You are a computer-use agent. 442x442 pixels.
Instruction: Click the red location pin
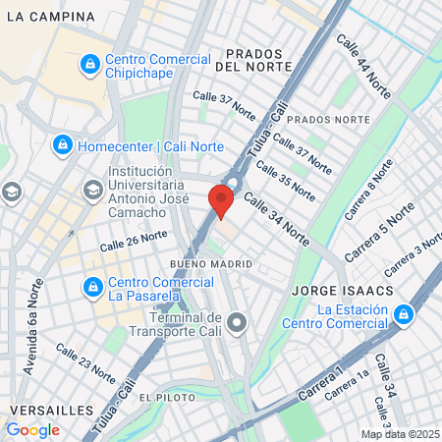click(221, 203)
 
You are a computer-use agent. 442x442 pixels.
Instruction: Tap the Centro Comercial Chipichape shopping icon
click(89, 64)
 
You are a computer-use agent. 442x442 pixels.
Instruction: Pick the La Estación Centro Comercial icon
click(403, 315)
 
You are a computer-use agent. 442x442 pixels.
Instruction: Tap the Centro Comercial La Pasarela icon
click(93, 287)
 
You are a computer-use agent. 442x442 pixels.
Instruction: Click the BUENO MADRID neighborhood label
click(211, 264)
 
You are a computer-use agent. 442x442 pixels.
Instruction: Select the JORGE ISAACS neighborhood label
click(335, 292)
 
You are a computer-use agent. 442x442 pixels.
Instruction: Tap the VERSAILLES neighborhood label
click(51, 409)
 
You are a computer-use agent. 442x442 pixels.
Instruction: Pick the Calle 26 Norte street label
click(134, 239)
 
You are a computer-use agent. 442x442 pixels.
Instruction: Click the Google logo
click(32, 429)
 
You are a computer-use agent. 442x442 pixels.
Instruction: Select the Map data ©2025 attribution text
click(401, 434)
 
